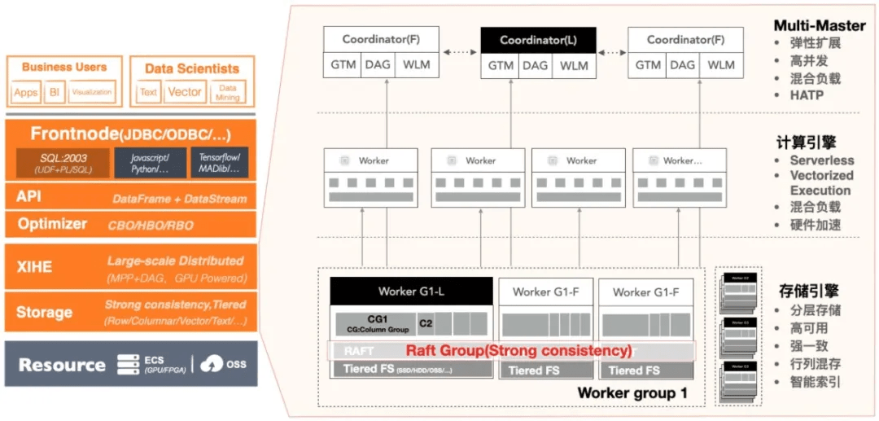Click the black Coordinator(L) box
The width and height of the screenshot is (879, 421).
[x=538, y=40]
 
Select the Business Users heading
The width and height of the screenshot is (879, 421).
[x=64, y=68]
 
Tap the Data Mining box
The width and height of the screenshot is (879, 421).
[x=228, y=92]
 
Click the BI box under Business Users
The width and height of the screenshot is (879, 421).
[x=55, y=92]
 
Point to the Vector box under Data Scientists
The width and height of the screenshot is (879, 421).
[x=185, y=92]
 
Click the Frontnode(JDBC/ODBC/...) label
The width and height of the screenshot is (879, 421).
[x=130, y=134]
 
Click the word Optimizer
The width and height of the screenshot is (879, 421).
[x=52, y=224]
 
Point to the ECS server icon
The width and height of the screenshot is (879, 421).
[x=128, y=364]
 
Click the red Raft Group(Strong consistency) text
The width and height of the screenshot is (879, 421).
[x=519, y=351]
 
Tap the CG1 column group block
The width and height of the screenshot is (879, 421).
[x=374, y=323]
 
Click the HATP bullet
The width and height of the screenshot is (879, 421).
[x=806, y=95]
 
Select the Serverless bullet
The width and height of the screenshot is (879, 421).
[x=822, y=160]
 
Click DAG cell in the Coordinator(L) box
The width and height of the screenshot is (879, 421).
[x=538, y=65]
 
